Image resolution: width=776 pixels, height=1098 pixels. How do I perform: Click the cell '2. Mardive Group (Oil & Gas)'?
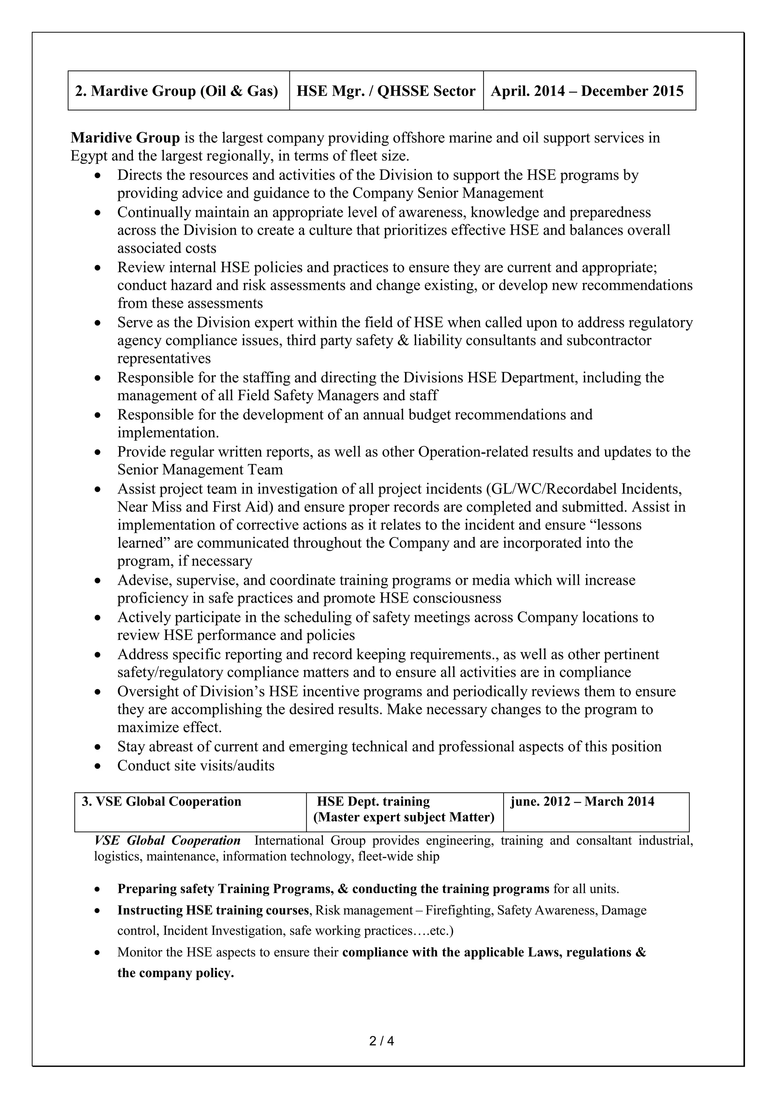[x=177, y=91]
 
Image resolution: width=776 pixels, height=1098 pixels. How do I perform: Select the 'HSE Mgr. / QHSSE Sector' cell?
[x=386, y=91]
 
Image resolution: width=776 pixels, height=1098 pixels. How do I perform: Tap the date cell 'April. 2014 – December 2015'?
[x=587, y=91]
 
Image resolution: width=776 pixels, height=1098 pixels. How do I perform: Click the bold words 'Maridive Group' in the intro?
[x=125, y=138]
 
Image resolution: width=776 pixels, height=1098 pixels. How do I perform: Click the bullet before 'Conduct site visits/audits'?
[x=98, y=766]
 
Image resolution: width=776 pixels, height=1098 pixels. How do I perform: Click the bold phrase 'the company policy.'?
[x=175, y=973]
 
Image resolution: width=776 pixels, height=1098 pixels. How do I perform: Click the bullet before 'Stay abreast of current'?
[x=98, y=747]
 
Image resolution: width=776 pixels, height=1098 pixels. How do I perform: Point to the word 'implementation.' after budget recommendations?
[x=168, y=433]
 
